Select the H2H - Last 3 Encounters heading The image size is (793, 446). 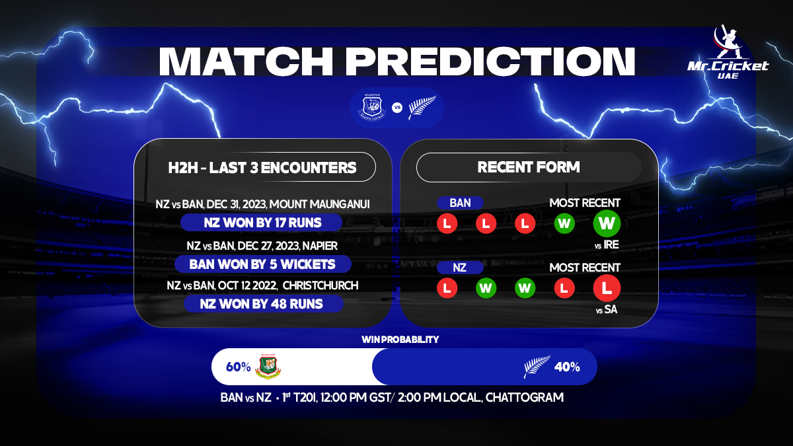point(262,167)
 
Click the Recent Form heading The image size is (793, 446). point(529,167)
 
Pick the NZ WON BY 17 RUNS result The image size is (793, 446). point(261,223)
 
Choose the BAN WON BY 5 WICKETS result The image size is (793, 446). point(262,264)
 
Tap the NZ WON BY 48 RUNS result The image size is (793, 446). point(262,304)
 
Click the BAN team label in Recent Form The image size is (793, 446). point(460,203)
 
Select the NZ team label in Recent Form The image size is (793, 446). point(460,268)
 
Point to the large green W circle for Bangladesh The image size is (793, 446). point(607,223)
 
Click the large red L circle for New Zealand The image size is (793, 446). point(607,288)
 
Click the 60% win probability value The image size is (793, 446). point(238,367)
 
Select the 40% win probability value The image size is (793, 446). point(567,367)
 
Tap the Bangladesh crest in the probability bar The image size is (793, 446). point(268,367)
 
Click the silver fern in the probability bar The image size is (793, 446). point(537,367)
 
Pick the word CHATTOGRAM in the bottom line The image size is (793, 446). point(525,398)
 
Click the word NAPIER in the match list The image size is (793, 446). point(320,246)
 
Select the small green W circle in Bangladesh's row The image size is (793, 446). point(564,223)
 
